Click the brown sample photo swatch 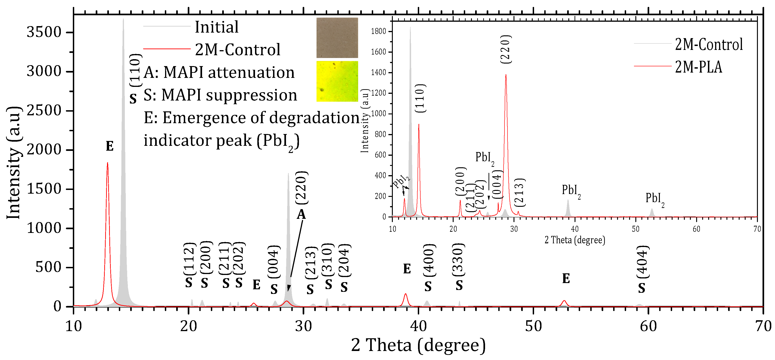(337, 38)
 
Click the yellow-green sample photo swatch (337, 81)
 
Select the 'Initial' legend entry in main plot (216, 27)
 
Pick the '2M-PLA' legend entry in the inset (698, 67)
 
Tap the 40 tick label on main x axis (418, 326)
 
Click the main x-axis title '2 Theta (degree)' (418, 345)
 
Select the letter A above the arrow (301, 214)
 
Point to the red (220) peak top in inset (506, 75)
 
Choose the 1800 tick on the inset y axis (378, 31)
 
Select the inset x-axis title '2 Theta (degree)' (575, 240)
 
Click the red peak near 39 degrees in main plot (406, 294)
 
